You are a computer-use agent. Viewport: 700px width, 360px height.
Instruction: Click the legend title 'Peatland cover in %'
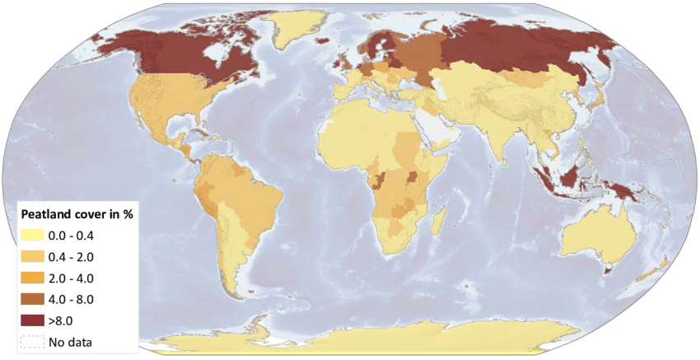click(x=76, y=214)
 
